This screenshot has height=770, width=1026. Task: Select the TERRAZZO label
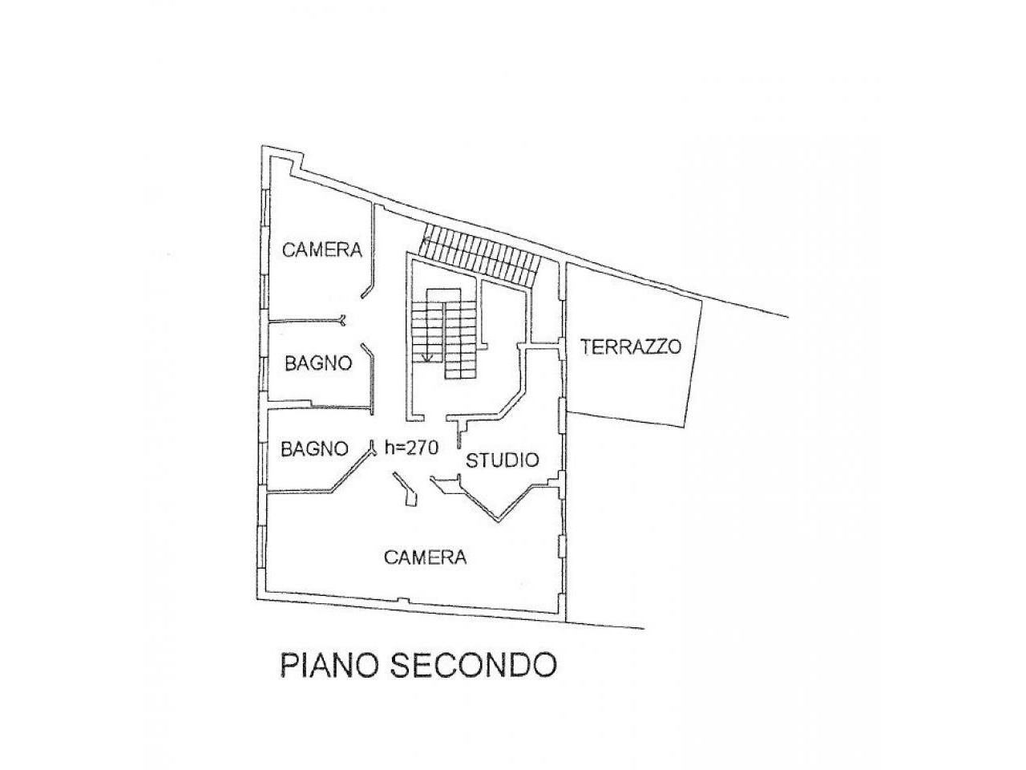(631, 347)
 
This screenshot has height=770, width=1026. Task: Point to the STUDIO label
(503, 460)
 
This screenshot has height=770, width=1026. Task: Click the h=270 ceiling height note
(411, 448)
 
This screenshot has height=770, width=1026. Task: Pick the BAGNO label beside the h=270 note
(315, 448)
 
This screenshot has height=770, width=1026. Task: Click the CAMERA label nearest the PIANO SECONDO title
(425, 557)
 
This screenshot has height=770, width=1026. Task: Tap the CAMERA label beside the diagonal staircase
(322, 250)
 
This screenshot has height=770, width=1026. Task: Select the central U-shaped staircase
(446, 333)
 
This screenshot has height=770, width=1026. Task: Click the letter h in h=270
(390, 448)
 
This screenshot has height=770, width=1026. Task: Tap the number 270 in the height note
(422, 448)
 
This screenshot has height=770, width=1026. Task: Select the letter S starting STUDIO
(472, 460)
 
